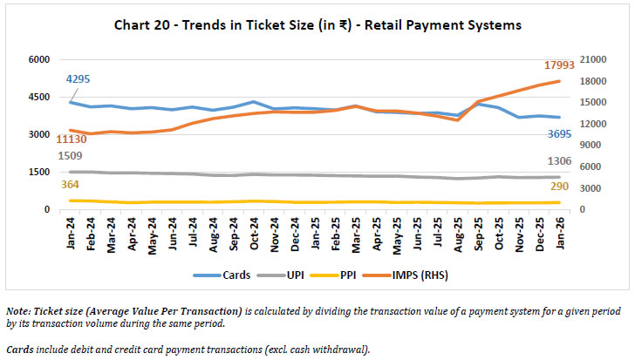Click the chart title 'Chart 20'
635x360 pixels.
317,25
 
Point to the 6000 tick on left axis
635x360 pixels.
39,59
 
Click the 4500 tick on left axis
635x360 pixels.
39,97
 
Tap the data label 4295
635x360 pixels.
78,79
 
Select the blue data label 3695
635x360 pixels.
561,133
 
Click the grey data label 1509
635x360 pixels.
70,156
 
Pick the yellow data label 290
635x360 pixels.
563,187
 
